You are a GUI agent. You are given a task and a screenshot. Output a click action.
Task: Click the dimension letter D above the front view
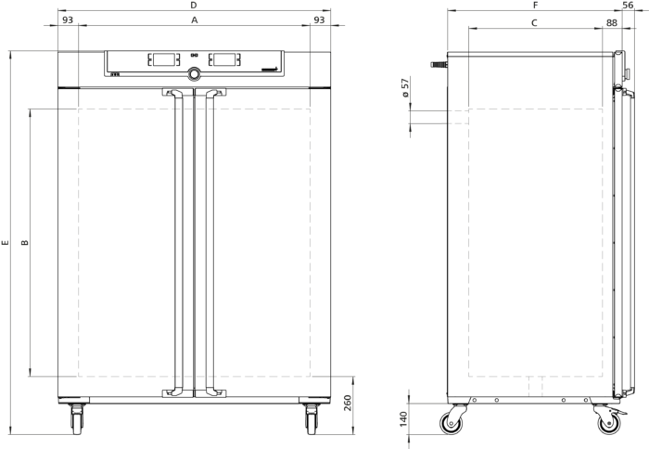coord(193,6)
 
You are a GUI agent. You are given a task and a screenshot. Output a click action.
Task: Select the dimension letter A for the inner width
coord(194,19)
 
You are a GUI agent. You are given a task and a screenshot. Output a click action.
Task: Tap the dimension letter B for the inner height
coord(25,242)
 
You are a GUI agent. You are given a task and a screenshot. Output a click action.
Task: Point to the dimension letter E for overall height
coord(5,242)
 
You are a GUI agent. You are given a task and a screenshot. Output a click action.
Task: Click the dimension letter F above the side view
coord(535,6)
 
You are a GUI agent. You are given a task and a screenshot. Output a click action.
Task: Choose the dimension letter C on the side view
coord(534,23)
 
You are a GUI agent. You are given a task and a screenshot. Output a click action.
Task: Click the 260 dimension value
coord(348,403)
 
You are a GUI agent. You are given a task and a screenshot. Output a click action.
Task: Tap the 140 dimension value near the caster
coord(403,419)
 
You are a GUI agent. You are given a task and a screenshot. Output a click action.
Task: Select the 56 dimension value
coord(628,6)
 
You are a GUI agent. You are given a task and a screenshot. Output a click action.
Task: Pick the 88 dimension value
coord(612,23)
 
